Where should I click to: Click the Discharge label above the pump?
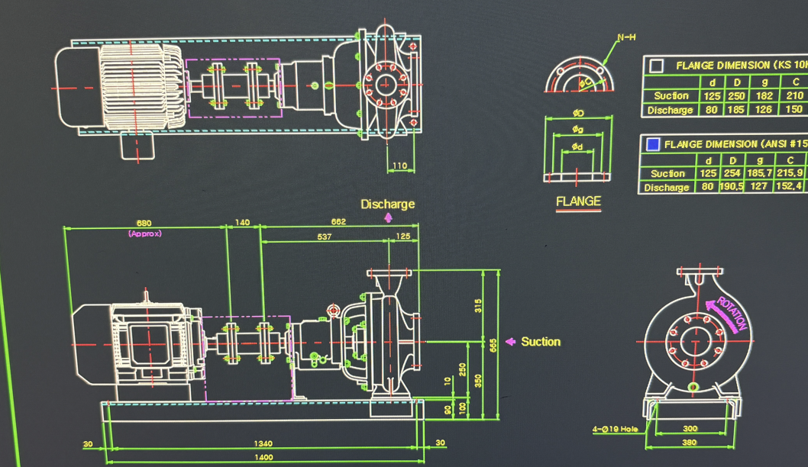click(388, 205)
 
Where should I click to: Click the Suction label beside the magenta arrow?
click(541, 342)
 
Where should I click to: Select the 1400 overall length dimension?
click(263, 457)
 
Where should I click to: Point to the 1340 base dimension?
click(262, 443)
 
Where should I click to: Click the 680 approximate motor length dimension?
click(144, 224)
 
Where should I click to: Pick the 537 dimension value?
click(324, 237)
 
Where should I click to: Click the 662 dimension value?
click(338, 222)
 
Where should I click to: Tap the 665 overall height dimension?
click(494, 345)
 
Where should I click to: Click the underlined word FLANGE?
click(578, 201)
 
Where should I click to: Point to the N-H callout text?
click(626, 38)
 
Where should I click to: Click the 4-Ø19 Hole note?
click(615, 429)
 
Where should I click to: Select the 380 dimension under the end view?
click(690, 443)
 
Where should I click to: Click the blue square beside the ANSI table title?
click(653, 143)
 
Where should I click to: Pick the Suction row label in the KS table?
click(671, 95)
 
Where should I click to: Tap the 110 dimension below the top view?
click(399, 166)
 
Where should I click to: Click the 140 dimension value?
click(243, 223)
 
